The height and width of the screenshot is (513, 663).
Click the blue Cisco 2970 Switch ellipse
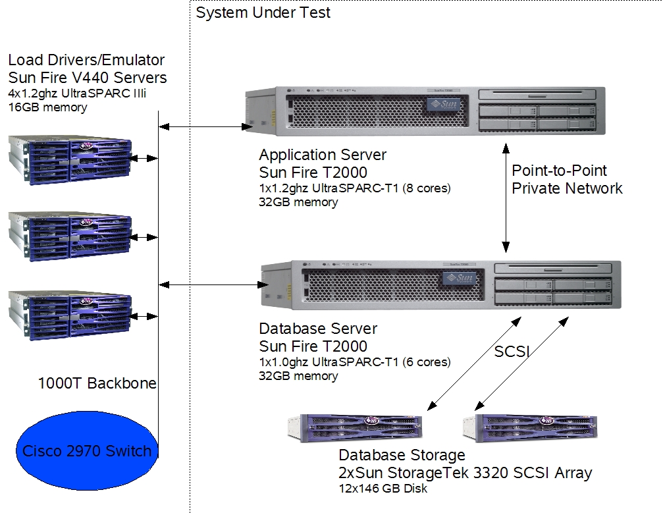click(x=86, y=451)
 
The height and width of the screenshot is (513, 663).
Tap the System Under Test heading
click(x=263, y=13)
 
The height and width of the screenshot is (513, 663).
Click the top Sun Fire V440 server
click(x=70, y=159)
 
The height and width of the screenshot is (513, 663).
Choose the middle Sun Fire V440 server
click(x=70, y=236)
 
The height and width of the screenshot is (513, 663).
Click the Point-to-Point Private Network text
click(x=567, y=179)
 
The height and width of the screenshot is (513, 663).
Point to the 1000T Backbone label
click(x=97, y=383)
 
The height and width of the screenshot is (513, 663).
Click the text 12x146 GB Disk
click(x=383, y=489)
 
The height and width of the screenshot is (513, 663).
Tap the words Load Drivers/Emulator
click(x=86, y=61)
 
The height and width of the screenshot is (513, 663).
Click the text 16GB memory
click(x=47, y=107)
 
